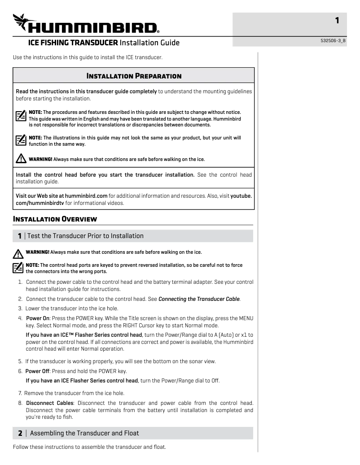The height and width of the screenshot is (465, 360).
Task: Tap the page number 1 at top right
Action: coord(337,20)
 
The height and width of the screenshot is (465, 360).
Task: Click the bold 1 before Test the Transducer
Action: coord(20,236)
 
